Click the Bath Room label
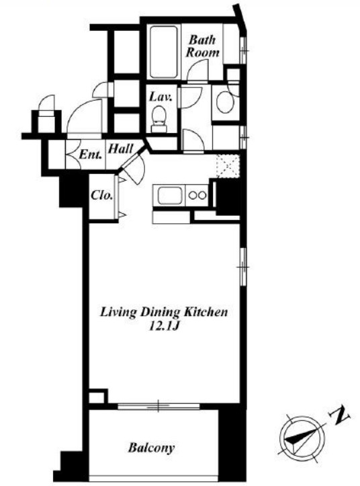tap(202, 46)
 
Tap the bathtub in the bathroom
tap(164, 52)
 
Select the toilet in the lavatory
tap(159, 119)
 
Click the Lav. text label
tap(161, 97)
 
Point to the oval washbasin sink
tap(225, 102)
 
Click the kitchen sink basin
tap(171, 196)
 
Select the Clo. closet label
tap(101, 195)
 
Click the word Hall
tap(120, 149)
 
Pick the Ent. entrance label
tap(90, 155)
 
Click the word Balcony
tap(151, 448)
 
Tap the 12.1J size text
tap(164, 327)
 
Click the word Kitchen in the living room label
tap(206, 311)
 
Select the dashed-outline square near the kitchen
tap(228, 166)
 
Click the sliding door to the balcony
tap(159, 406)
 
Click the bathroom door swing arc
tap(198, 71)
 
